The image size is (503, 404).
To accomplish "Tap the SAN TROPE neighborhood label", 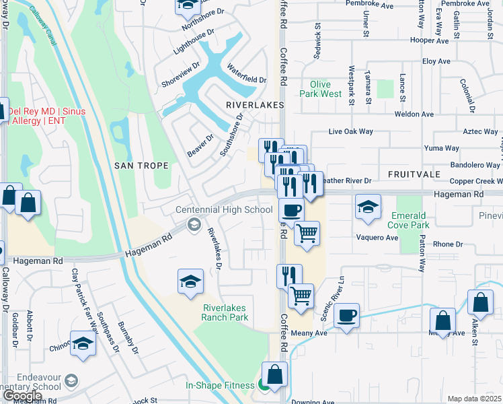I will (x=142, y=166).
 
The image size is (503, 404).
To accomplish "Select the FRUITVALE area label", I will (x=413, y=174).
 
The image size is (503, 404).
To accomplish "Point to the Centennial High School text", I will (x=224, y=210).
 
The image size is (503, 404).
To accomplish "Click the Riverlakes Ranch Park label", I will (x=225, y=312).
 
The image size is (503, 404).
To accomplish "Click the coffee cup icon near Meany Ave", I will (x=346, y=315).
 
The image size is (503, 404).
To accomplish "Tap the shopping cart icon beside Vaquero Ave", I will (x=307, y=234).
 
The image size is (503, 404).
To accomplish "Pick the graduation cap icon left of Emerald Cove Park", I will (x=368, y=207).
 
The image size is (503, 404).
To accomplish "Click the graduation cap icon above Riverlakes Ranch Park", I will (x=191, y=281).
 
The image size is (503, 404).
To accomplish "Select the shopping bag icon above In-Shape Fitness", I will (x=274, y=374).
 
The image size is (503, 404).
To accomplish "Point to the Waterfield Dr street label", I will (x=246, y=75).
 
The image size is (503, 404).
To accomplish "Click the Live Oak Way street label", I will (x=350, y=133).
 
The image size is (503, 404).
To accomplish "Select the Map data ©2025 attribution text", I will (x=475, y=399).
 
